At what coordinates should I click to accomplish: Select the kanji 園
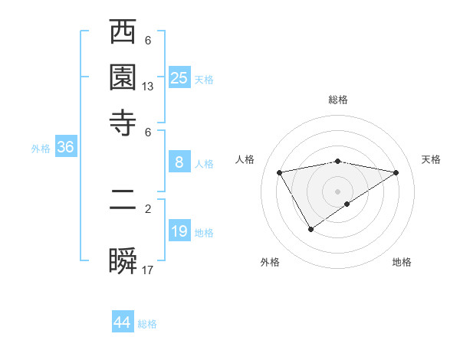click(x=123, y=78)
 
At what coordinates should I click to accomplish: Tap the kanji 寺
click(x=123, y=122)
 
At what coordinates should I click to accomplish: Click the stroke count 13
click(x=148, y=87)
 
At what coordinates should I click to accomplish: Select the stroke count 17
click(x=148, y=269)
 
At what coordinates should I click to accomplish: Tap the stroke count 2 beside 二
click(x=148, y=208)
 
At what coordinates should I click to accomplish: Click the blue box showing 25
click(x=179, y=77)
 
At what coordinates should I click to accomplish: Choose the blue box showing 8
click(x=179, y=162)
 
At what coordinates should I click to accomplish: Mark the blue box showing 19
click(x=179, y=231)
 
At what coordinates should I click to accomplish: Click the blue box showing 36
click(x=65, y=148)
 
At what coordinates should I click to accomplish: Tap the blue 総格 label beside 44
click(x=147, y=324)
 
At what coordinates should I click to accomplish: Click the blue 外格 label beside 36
click(x=41, y=149)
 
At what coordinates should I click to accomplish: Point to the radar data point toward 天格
click(x=396, y=172)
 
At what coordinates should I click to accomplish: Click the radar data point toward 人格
click(x=279, y=172)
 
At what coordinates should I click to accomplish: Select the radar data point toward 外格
click(x=311, y=228)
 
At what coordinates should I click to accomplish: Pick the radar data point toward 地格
click(x=347, y=204)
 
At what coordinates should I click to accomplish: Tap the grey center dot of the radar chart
click(x=338, y=191)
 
